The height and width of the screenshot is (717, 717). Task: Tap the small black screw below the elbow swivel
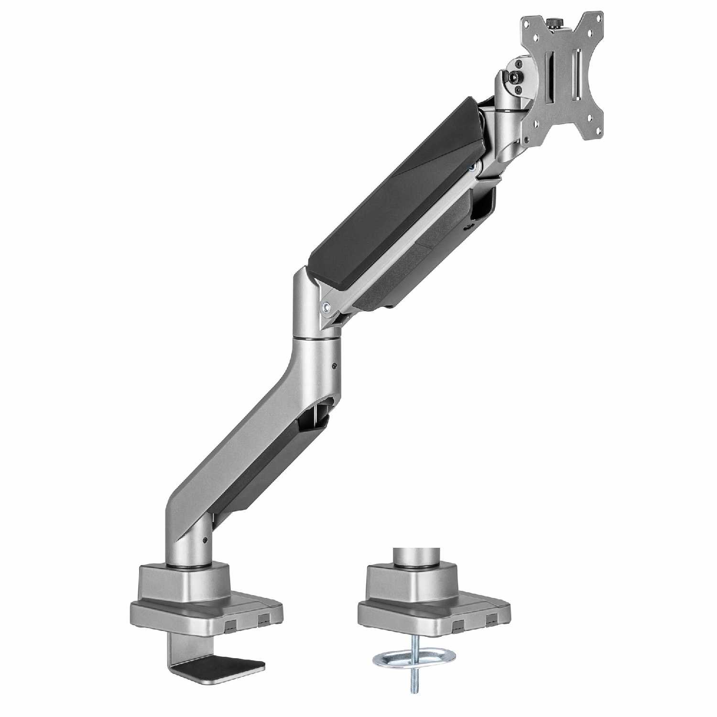[x=333, y=367]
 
